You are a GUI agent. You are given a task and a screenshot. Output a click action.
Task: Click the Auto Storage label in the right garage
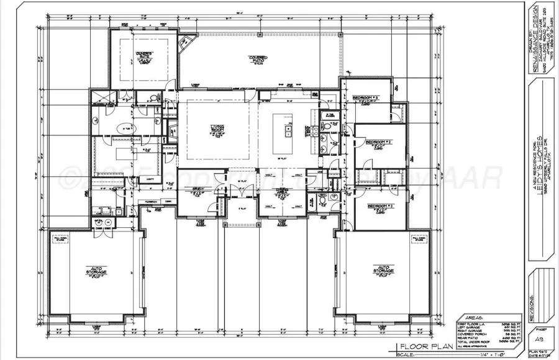click(384, 271)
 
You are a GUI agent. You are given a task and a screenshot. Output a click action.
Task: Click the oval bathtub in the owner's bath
click(127, 129)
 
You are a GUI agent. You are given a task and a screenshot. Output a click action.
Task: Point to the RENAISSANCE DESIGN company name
click(537, 43)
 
